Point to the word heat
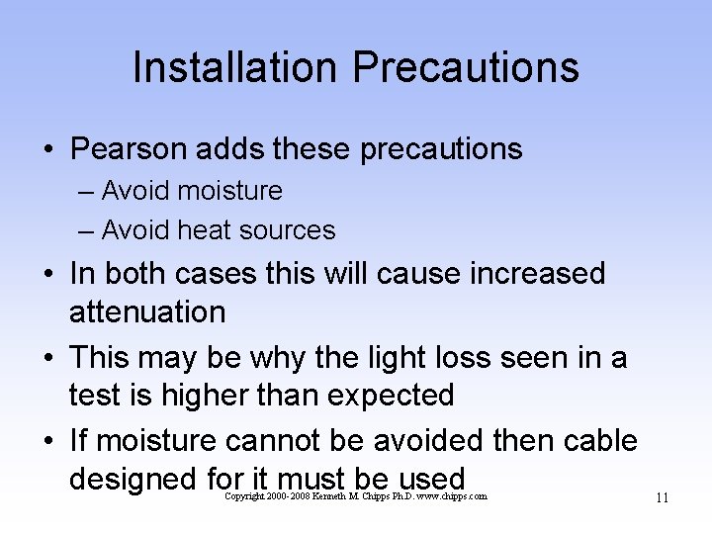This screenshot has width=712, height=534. click(x=205, y=230)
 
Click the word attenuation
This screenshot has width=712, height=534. click(x=147, y=312)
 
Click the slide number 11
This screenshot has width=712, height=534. click(x=661, y=497)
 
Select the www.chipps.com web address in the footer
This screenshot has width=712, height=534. click(x=452, y=496)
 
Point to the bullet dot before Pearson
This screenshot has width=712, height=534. click(x=47, y=150)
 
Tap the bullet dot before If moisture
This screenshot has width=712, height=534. click(x=47, y=439)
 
